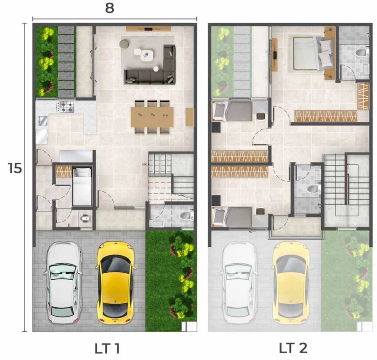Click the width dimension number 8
click(109, 8)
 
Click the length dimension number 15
click(15, 168)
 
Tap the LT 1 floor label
click(107, 349)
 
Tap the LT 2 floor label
click(293, 348)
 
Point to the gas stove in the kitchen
click(65, 106)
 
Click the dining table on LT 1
click(152, 117)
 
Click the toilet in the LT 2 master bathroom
click(362, 52)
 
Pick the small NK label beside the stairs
click(144, 164)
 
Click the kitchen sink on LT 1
click(43, 121)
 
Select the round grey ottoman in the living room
click(125, 44)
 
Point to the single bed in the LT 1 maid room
click(82, 187)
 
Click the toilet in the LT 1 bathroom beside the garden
click(186, 216)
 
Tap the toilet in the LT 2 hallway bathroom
click(314, 189)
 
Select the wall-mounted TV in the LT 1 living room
click(148, 29)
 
